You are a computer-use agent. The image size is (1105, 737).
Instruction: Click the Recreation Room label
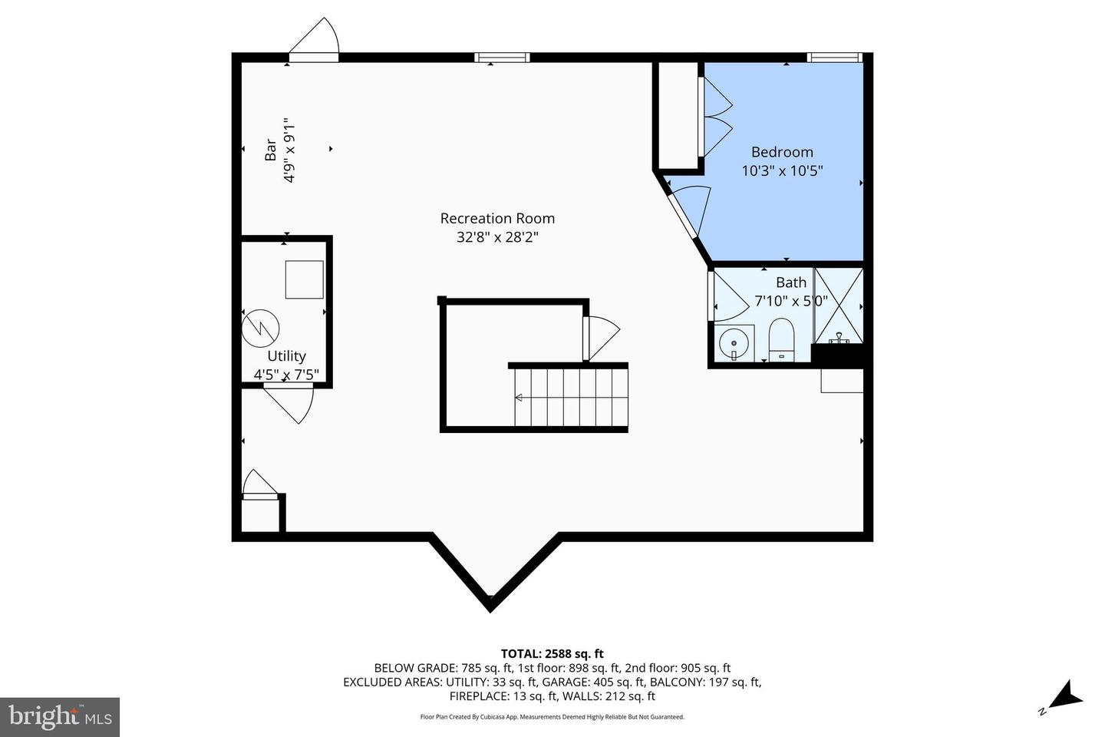(x=497, y=219)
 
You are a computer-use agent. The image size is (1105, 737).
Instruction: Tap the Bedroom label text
(x=782, y=152)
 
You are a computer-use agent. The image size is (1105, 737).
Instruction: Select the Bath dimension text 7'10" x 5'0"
(x=790, y=301)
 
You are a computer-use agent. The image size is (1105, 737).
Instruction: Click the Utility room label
(x=286, y=356)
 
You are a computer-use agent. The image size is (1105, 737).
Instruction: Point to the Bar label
(x=270, y=150)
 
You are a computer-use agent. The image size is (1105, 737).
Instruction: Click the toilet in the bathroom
(x=781, y=339)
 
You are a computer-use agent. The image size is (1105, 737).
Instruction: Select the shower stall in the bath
(x=839, y=305)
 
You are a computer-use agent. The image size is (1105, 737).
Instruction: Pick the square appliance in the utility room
(x=304, y=279)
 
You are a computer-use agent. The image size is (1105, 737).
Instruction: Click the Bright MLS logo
(x=60, y=717)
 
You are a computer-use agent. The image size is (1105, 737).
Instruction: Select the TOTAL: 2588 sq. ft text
(x=552, y=654)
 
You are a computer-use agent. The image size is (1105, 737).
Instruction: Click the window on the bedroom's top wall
(x=834, y=57)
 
